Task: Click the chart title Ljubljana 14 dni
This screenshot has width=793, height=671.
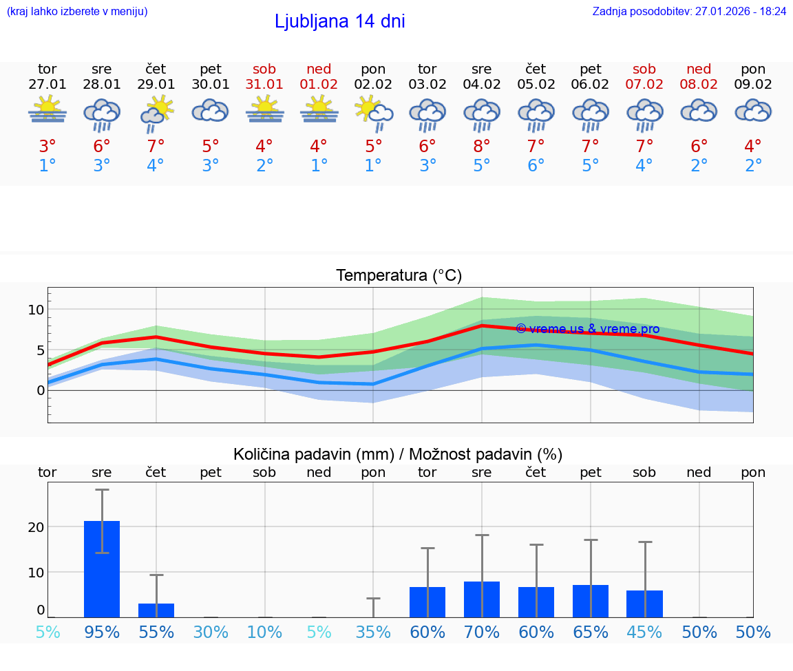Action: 339,21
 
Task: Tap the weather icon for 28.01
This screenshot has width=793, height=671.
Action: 101,114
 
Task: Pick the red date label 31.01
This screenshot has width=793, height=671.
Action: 264,84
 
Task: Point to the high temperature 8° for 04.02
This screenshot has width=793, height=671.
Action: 482,147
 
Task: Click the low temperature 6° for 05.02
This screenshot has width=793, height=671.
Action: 536,166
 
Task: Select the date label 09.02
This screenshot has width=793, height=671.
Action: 753,84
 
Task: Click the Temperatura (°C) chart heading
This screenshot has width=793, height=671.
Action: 399,276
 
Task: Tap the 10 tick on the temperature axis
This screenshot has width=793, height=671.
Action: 36,310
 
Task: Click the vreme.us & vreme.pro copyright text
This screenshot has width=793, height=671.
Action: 587,329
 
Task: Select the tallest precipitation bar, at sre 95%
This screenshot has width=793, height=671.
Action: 102,569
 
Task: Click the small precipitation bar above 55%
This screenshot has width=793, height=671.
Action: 156,610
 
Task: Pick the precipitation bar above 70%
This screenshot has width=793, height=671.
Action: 482,599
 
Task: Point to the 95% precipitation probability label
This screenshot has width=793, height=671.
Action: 102,632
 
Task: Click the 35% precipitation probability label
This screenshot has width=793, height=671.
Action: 373,632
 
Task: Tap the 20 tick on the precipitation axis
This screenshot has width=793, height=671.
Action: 36,527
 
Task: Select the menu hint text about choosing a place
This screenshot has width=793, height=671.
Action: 77,11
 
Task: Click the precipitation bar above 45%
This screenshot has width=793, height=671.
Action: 644,604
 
